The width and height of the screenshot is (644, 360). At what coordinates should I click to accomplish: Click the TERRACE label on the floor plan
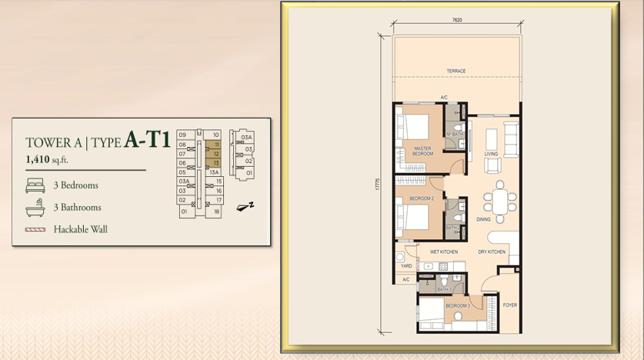click(456, 72)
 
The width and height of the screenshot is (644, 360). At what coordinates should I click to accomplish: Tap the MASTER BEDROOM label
click(422, 151)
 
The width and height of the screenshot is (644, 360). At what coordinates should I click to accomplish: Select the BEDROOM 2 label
click(422, 198)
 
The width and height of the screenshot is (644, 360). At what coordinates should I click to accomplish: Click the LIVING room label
click(491, 154)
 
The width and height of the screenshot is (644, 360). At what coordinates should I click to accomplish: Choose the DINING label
click(483, 219)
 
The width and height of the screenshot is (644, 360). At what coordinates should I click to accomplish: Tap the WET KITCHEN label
click(445, 252)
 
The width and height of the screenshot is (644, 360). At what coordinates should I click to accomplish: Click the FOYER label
click(509, 305)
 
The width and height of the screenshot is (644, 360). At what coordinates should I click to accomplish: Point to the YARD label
click(407, 266)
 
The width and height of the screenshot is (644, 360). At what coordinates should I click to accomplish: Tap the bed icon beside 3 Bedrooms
click(35, 185)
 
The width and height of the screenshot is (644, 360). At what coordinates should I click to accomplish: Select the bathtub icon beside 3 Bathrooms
click(35, 207)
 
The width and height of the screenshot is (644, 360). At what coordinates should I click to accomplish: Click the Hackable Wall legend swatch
click(35, 229)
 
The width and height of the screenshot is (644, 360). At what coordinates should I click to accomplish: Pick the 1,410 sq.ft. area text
click(48, 159)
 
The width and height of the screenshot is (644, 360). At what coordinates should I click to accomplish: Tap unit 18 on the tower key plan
click(217, 211)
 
